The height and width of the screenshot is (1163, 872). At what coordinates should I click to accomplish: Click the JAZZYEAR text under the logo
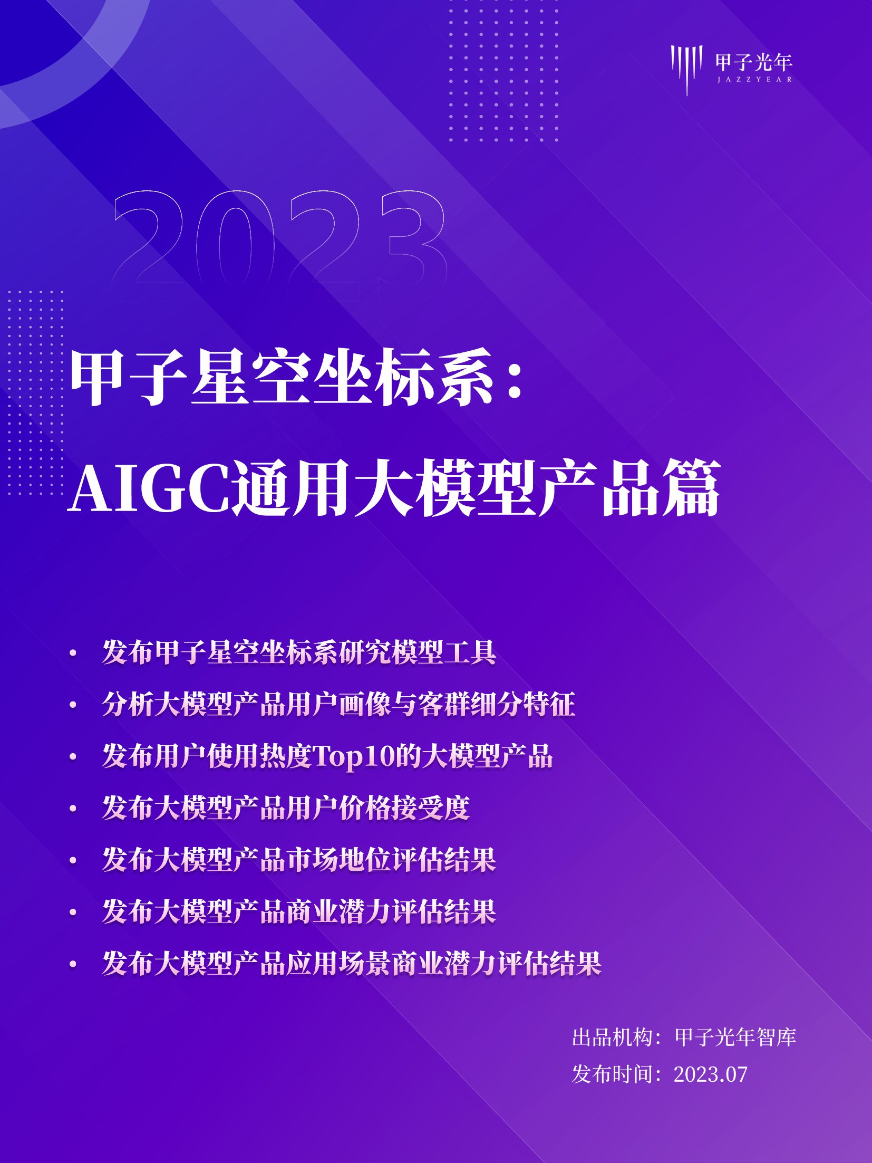[x=754, y=80]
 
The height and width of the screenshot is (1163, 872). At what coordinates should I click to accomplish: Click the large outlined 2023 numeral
[x=279, y=240]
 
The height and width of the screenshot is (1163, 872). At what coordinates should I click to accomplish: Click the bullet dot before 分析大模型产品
[x=73, y=705]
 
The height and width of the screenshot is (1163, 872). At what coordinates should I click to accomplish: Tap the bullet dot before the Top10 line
[x=73, y=757]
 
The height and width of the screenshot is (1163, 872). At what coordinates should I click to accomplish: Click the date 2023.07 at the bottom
[x=710, y=1074]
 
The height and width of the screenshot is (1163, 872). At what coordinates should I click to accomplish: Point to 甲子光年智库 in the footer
[x=735, y=1037]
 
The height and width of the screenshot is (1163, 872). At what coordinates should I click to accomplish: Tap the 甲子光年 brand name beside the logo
[x=754, y=62]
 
